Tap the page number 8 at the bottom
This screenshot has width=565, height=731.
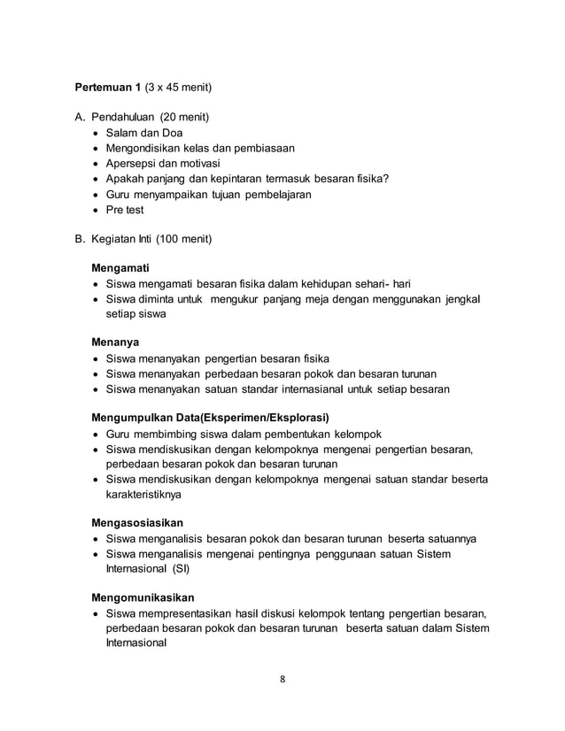(x=282, y=680)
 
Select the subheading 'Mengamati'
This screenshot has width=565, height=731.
(x=121, y=267)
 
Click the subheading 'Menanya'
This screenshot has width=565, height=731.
(x=116, y=342)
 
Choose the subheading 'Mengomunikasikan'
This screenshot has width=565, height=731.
(x=143, y=597)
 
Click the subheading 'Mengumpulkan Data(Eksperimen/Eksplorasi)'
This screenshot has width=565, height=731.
(x=210, y=417)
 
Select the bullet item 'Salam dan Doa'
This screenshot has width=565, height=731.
(x=143, y=133)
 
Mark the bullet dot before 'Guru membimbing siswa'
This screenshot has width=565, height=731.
(x=97, y=435)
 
